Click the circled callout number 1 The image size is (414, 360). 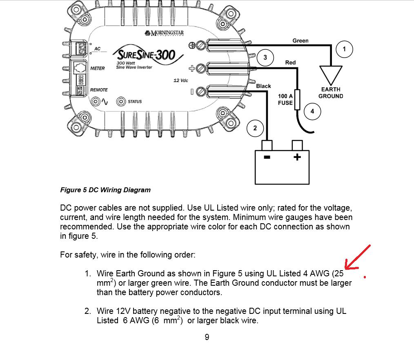click(x=344, y=49)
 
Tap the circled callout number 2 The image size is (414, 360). click(x=255, y=128)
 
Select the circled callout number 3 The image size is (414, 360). click(x=265, y=58)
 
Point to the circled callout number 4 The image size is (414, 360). click(x=312, y=111)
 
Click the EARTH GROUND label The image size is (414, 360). click(x=331, y=93)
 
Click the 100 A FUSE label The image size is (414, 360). click(x=285, y=99)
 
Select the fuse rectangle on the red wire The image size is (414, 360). click(x=297, y=99)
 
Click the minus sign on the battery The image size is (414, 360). click(x=267, y=157)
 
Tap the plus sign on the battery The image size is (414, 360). click(x=297, y=157)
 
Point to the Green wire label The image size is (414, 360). click(x=300, y=41)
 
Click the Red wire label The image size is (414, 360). click(x=290, y=62)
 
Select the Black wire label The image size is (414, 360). click(x=263, y=86)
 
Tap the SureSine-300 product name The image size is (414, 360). click(x=146, y=54)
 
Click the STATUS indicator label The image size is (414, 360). click(x=135, y=101)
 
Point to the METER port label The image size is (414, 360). click(x=98, y=68)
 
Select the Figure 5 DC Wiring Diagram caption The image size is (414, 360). click(x=105, y=190)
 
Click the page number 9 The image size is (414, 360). click(x=207, y=337)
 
